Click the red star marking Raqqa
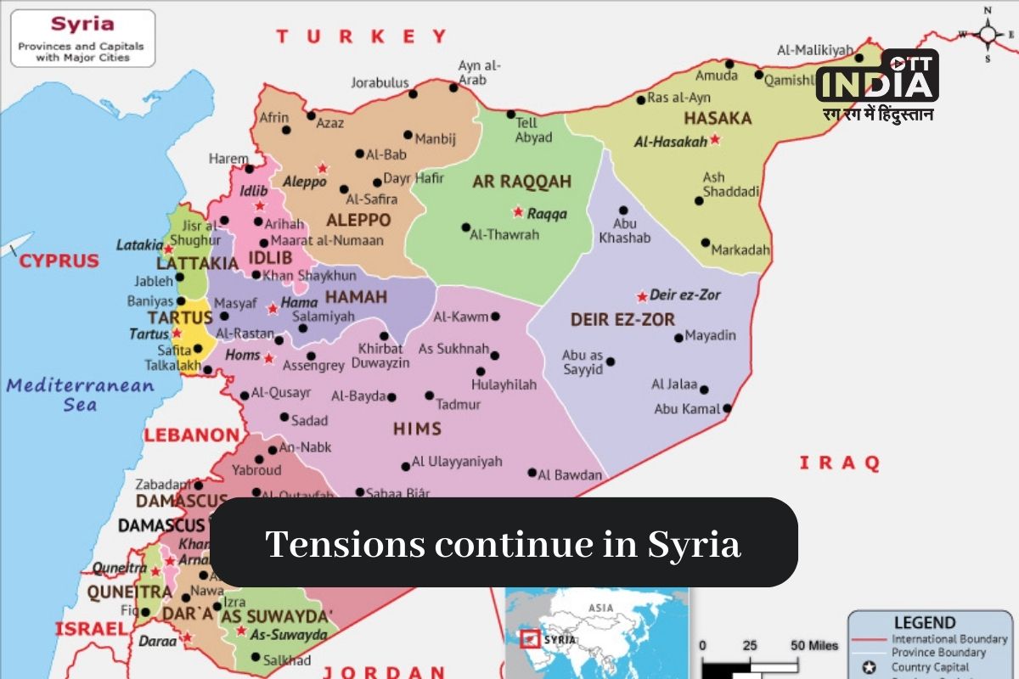point(517,211)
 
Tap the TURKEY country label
point(361,36)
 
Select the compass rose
point(988,34)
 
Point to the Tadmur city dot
point(430,396)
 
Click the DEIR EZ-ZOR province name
point(622,319)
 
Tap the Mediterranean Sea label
point(80,395)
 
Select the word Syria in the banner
point(695,543)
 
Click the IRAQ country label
point(839,463)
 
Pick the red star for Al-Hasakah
point(715,138)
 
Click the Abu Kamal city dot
point(727,408)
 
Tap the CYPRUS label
point(59,261)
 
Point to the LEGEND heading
point(924,622)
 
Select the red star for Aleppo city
point(323,168)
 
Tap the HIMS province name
point(417,429)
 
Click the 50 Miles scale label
point(814,645)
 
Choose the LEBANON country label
point(191,435)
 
